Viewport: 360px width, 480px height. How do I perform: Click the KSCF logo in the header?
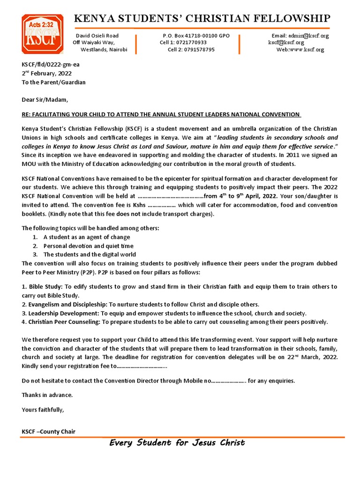[42, 34]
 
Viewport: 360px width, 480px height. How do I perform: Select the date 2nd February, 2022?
[46, 74]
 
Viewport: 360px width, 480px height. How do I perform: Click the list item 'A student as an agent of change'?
[87, 237]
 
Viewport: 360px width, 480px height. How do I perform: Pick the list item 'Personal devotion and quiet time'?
[89, 246]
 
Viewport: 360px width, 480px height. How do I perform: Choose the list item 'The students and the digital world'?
[90, 255]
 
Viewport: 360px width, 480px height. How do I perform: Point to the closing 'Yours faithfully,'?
[43, 410]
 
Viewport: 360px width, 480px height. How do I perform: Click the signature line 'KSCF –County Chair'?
[48, 431]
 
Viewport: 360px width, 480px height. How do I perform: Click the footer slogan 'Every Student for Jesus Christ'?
[177, 443]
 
